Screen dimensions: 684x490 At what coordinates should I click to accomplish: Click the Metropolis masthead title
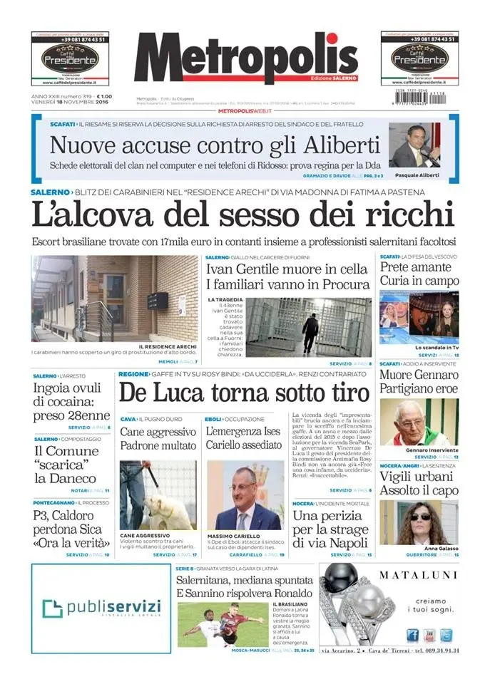pyautogui.click(x=245, y=58)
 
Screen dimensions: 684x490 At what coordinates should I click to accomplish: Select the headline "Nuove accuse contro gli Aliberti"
pyautogui.click(x=214, y=145)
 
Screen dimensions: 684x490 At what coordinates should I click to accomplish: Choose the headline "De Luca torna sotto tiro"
pyautogui.click(x=244, y=393)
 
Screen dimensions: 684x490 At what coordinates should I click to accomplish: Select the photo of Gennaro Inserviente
pyautogui.click(x=419, y=422)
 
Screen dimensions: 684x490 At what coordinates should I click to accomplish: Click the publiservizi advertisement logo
pyautogui.click(x=101, y=607)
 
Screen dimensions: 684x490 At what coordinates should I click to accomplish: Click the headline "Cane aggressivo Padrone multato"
pyautogui.click(x=158, y=438)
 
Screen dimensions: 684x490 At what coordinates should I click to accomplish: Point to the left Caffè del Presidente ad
pyautogui.click(x=70, y=58)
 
